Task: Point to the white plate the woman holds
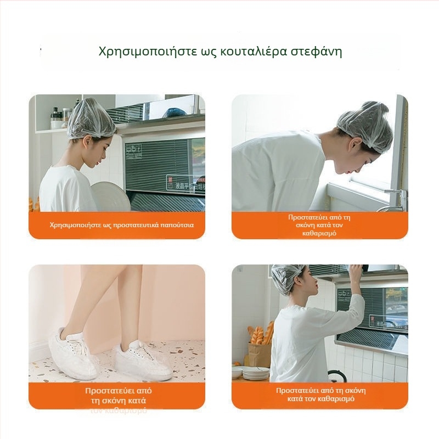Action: (x=110, y=196)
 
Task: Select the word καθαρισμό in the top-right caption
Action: (x=319, y=233)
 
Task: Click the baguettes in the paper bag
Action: (x=260, y=335)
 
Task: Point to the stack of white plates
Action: (x=256, y=373)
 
